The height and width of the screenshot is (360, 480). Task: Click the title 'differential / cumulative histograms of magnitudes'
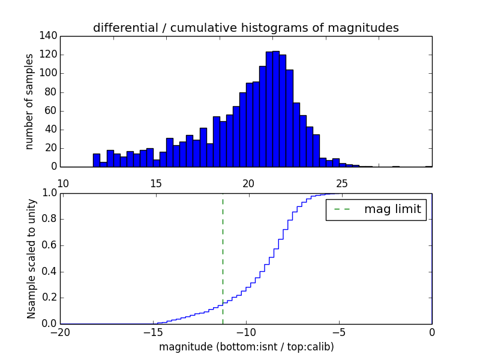tap(245, 28)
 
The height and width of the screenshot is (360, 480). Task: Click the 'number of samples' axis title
tap(29, 101)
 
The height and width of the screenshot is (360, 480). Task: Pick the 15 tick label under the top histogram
tap(155, 184)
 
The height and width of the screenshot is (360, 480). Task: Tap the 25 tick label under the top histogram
tap(341, 184)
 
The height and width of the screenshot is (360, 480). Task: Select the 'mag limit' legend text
tap(392, 209)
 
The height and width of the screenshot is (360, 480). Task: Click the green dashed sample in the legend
tap(342, 209)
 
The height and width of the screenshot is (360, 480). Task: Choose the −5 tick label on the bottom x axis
tap(339, 332)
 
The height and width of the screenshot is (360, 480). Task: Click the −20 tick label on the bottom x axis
tap(60, 332)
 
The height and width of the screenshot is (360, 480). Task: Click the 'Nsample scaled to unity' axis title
tap(31, 258)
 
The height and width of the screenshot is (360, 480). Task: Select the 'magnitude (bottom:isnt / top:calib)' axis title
tap(246, 347)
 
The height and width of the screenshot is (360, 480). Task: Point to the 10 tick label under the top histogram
tap(63, 184)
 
